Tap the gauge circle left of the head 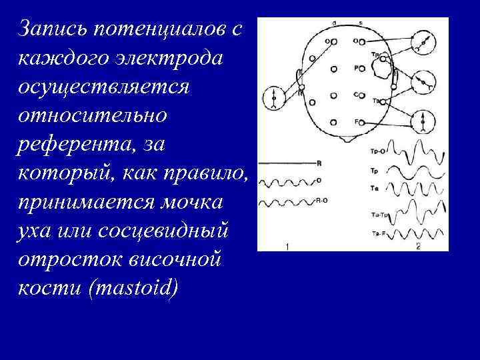(274, 97)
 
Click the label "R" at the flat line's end (319, 162)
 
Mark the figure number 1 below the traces (286, 247)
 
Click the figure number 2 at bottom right (418, 247)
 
